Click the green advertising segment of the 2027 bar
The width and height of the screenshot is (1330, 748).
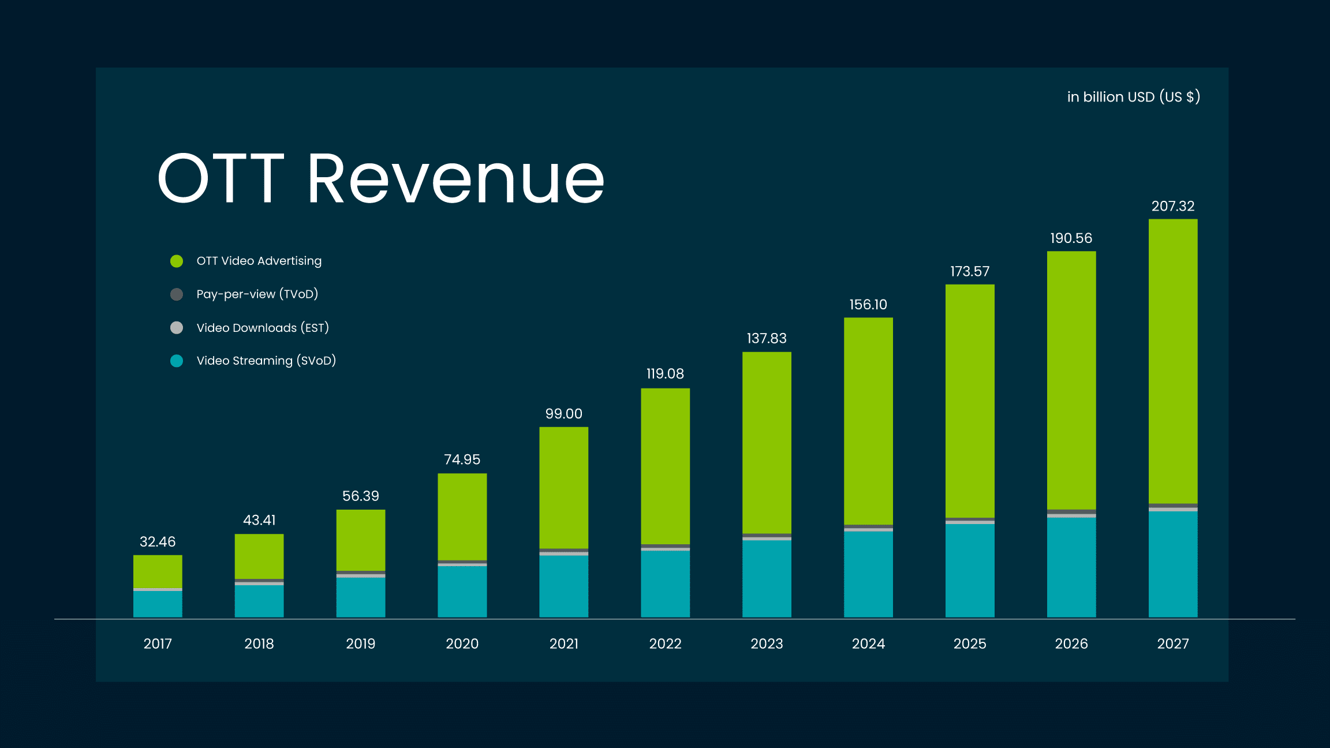[x=1172, y=361]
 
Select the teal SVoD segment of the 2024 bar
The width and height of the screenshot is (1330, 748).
[x=868, y=574]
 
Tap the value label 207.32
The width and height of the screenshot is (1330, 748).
[x=1172, y=206]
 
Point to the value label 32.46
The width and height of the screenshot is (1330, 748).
[x=158, y=541]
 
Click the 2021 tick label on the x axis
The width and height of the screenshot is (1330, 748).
[x=563, y=644]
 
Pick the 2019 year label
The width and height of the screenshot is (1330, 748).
[x=360, y=644]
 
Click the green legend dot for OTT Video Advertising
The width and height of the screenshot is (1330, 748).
[x=177, y=261]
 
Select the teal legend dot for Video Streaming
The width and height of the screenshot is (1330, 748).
[x=177, y=361]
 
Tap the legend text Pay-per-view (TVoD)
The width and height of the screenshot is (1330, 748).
[x=257, y=294]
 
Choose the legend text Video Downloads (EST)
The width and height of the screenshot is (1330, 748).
[x=263, y=328]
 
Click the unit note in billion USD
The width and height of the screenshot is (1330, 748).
[x=1133, y=97]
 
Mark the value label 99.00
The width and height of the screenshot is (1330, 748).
[x=563, y=414]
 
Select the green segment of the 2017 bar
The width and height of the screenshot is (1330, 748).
[x=158, y=571]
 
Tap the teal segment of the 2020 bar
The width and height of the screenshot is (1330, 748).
[x=462, y=592]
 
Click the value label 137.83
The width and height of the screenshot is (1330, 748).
[x=767, y=338]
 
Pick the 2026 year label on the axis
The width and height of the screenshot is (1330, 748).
[x=1071, y=644]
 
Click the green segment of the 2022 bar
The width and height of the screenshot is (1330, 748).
[x=665, y=466]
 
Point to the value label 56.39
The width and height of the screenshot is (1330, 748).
[x=360, y=496]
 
